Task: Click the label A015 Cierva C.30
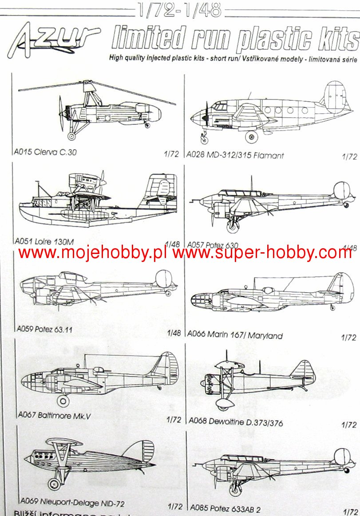(44, 152)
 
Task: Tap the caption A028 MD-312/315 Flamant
(235, 155)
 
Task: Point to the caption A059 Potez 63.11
(44, 329)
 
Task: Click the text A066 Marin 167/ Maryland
(235, 335)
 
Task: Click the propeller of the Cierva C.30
(60, 113)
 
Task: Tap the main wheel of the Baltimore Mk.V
(63, 401)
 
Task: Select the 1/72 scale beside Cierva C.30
(171, 154)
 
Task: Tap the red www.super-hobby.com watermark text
(262, 253)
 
